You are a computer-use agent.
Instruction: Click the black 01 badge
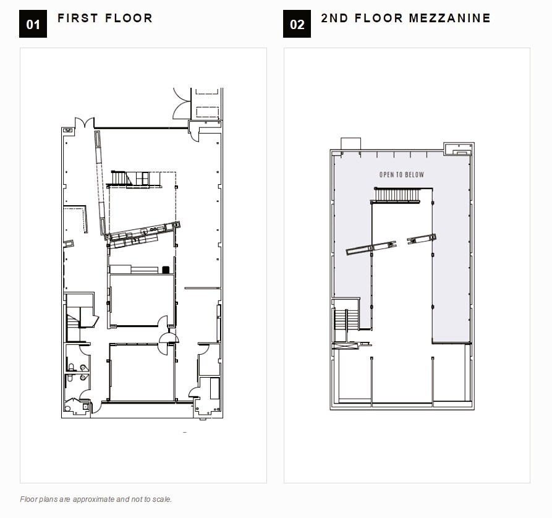pos(33,24)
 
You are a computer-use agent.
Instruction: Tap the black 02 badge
pos(297,24)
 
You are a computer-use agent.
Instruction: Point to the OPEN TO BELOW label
pos(401,175)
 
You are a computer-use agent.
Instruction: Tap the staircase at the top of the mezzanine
pos(397,195)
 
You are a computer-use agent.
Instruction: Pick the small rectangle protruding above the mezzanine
pos(351,143)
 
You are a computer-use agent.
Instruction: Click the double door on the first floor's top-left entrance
pos(85,123)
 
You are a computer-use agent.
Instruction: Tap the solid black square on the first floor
pos(166,270)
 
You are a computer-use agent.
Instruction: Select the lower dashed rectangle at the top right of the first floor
pos(207,112)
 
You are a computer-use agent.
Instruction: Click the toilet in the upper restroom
pos(72,367)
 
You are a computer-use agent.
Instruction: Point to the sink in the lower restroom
pos(83,378)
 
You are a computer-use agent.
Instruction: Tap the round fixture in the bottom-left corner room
pos(67,409)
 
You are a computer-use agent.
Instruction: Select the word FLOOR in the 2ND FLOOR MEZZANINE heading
pos(378,19)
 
